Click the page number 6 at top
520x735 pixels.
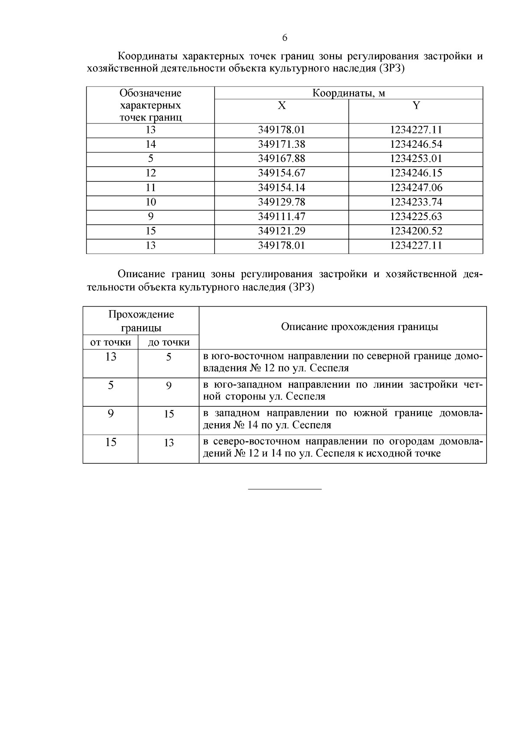click(x=285, y=38)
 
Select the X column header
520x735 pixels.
click(x=282, y=105)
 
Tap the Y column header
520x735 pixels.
click(x=416, y=105)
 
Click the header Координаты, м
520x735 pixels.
click(x=349, y=93)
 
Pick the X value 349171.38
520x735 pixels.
click(x=282, y=144)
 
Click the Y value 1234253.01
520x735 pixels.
click(x=416, y=159)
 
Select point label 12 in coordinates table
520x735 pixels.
click(x=150, y=173)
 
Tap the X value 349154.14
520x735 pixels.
click(x=282, y=188)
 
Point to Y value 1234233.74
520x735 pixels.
click(x=416, y=202)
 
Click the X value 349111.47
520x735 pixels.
click(x=282, y=217)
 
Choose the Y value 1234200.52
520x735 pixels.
click(x=416, y=231)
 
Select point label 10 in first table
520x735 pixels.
click(x=150, y=202)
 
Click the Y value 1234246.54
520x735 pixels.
click(x=416, y=144)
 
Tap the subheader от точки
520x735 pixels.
click(x=110, y=342)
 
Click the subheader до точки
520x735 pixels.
click(x=169, y=342)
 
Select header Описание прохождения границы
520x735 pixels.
click(x=359, y=327)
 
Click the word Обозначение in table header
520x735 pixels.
click(x=150, y=93)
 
